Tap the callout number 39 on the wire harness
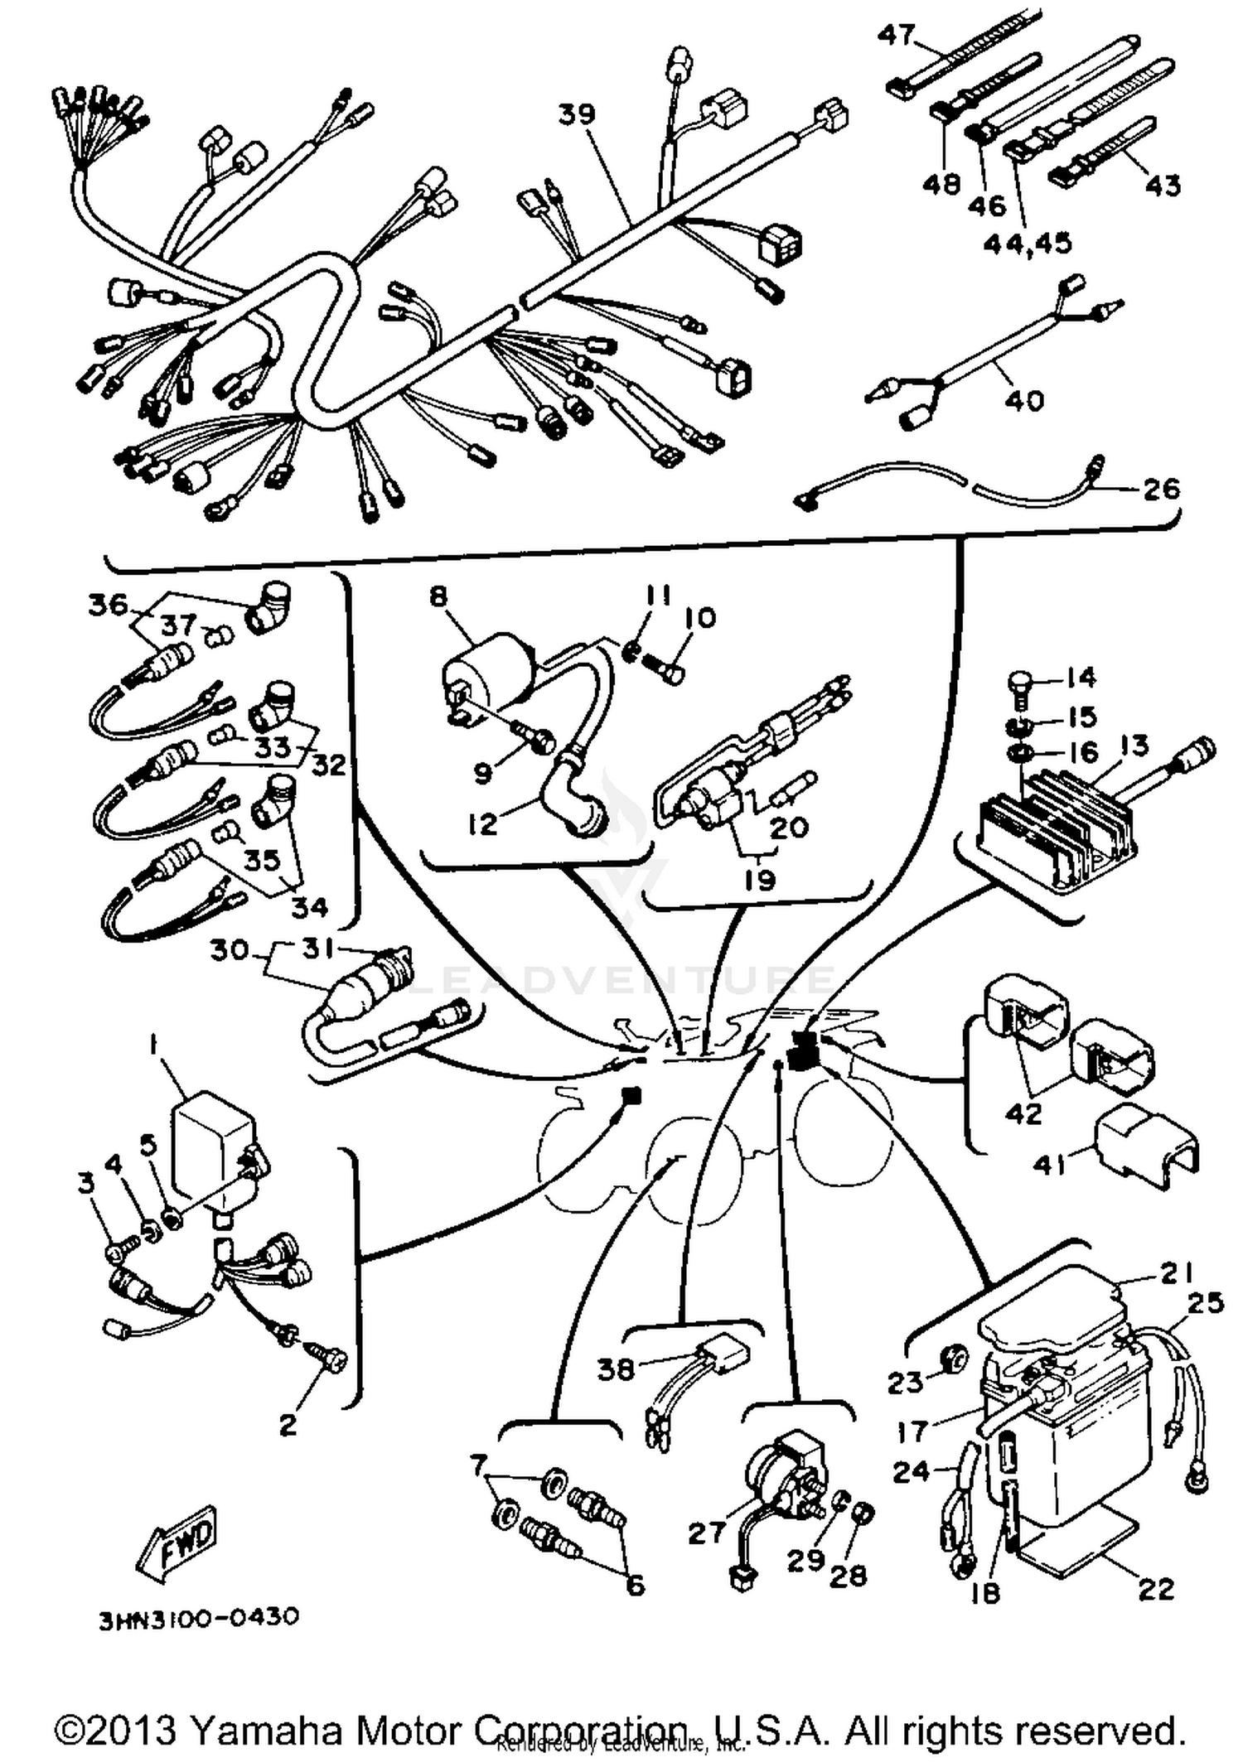coord(576,114)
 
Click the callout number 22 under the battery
coord(1157,1589)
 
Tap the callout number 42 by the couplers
coord(1023,1113)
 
